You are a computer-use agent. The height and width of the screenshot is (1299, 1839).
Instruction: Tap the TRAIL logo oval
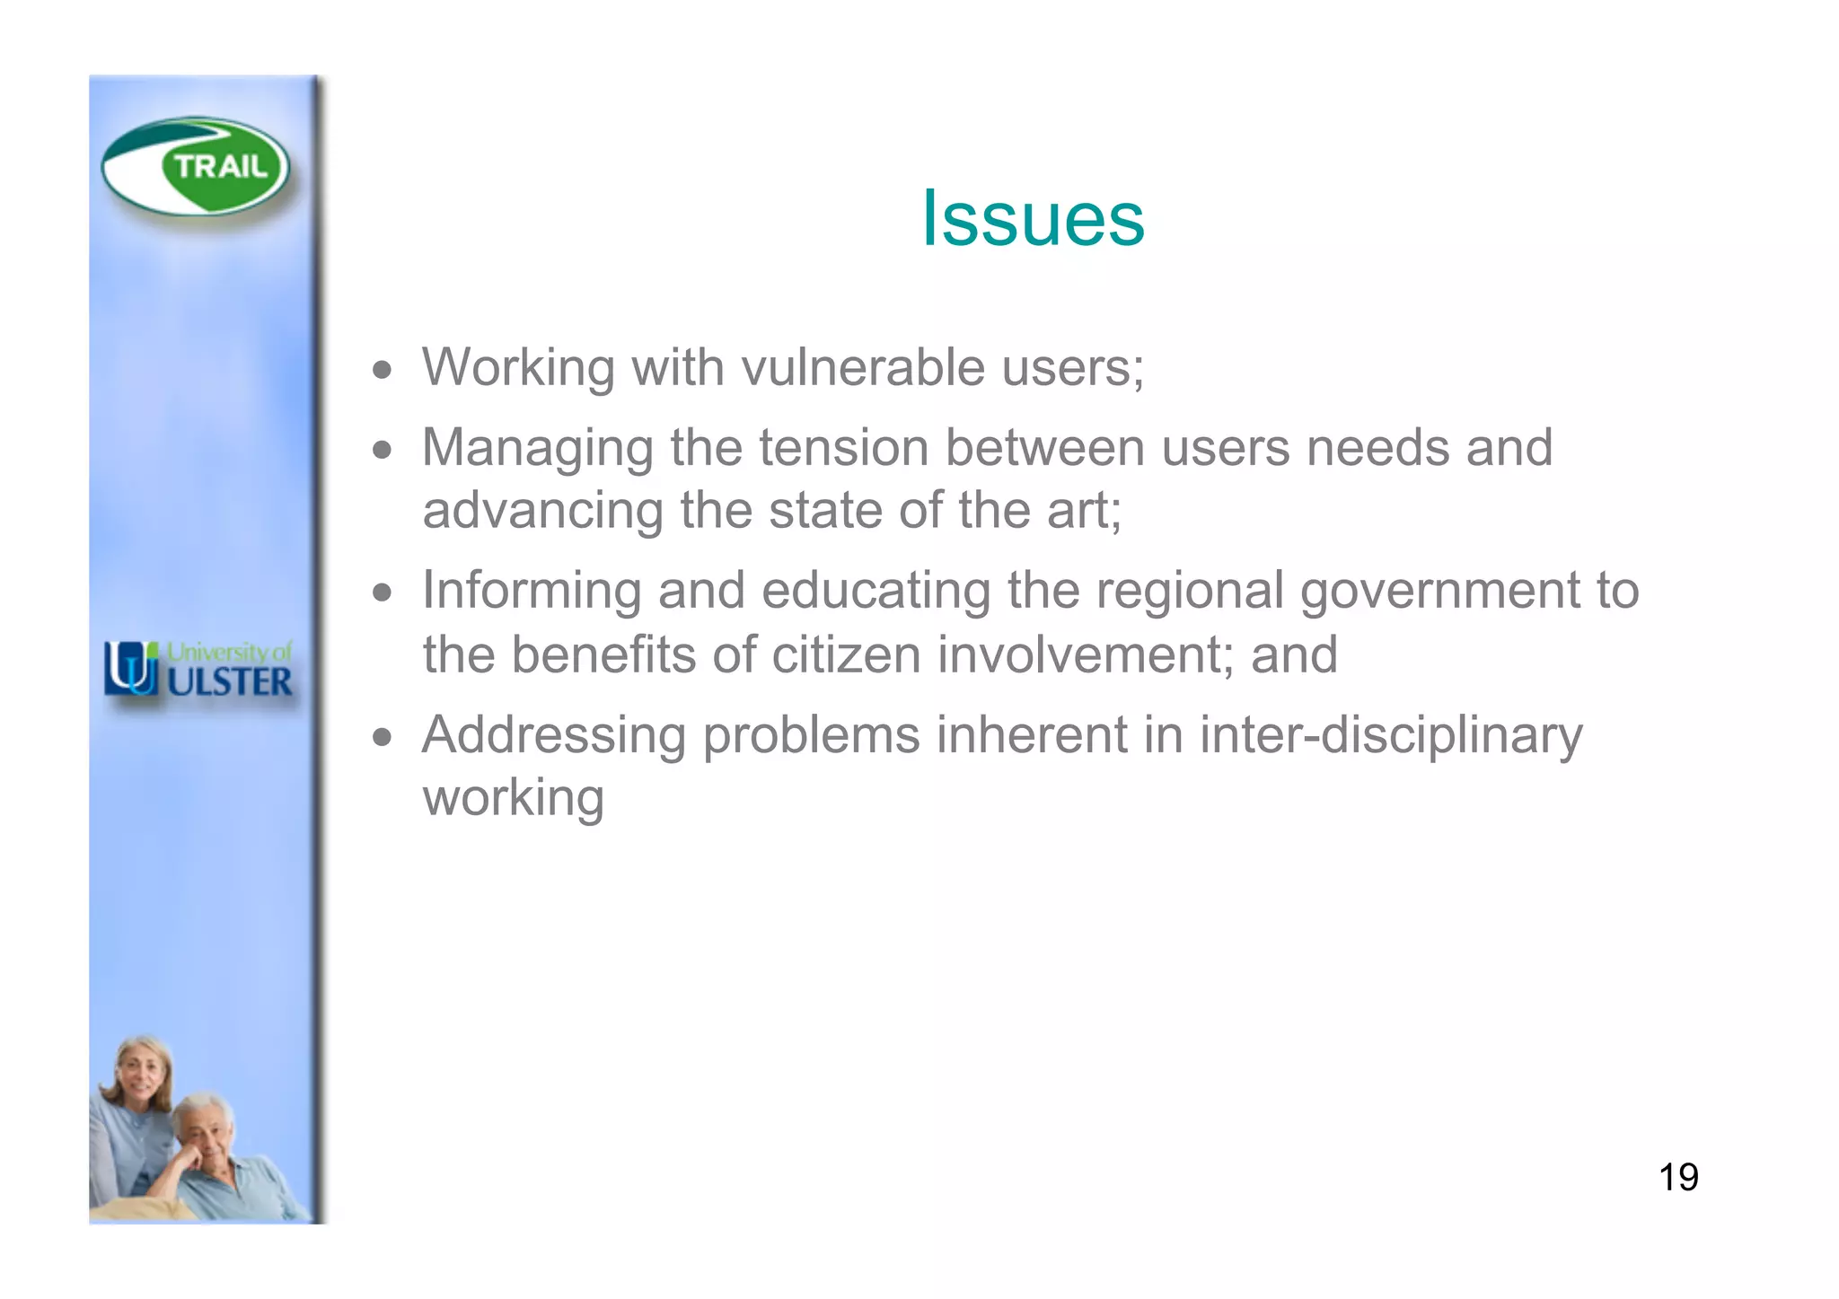[x=196, y=167]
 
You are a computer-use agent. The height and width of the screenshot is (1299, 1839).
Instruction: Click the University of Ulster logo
[x=198, y=669]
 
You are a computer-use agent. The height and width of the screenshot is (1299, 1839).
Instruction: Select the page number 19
[x=1677, y=1177]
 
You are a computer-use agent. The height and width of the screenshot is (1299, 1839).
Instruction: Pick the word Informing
[x=531, y=591]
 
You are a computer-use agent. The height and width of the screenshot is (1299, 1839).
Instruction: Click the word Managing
[x=538, y=449]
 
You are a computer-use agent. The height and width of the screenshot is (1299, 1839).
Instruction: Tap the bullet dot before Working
[x=383, y=369]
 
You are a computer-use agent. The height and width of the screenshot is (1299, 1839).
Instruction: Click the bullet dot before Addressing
[x=383, y=737]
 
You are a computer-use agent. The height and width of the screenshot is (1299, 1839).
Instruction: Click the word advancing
[x=542, y=511]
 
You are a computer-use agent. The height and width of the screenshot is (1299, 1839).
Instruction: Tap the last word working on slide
[x=513, y=798]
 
